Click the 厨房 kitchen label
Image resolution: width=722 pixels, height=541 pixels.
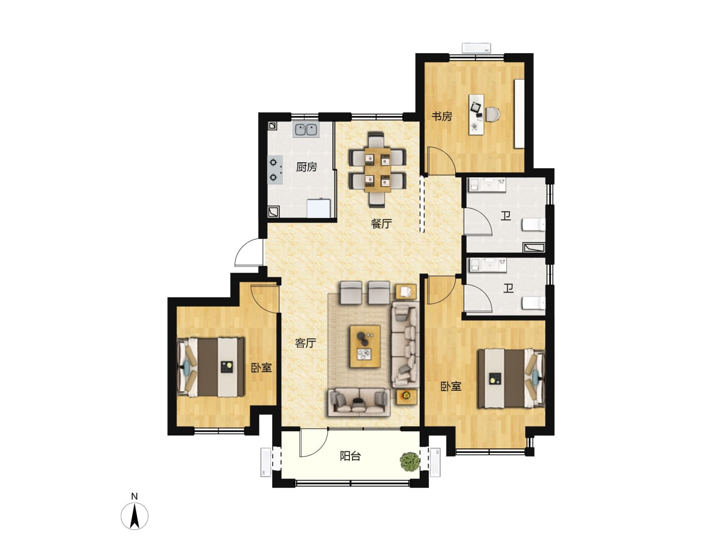[x=306, y=167]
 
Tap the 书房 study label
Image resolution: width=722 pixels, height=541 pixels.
[x=441, y=116]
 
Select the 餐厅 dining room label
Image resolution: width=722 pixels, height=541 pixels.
[x=381, y=224]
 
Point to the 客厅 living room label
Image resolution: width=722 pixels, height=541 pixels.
[x=305, y=343]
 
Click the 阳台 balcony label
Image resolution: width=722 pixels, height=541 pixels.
[x=350, y=456]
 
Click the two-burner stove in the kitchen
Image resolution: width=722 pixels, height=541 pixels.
[x=275, y=170]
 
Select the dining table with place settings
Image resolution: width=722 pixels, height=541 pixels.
[x=377, y=170]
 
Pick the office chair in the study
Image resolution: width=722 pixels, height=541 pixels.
[x=493, y=115]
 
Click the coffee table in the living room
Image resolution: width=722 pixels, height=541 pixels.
[x=365, y=347]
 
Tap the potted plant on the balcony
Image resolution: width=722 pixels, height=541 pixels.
[x=410, y=461]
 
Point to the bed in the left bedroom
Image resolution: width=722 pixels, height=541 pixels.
[x=211, y=366]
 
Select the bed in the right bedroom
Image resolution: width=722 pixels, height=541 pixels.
[x=511, y=379]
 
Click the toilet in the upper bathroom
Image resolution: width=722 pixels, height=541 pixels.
[x=533, y=225]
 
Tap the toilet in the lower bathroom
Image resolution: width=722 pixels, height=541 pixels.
[x=533, y=303]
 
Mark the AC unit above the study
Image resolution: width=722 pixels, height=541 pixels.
[x=476, y=48]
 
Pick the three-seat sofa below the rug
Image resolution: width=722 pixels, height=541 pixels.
[x=359, y=402]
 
